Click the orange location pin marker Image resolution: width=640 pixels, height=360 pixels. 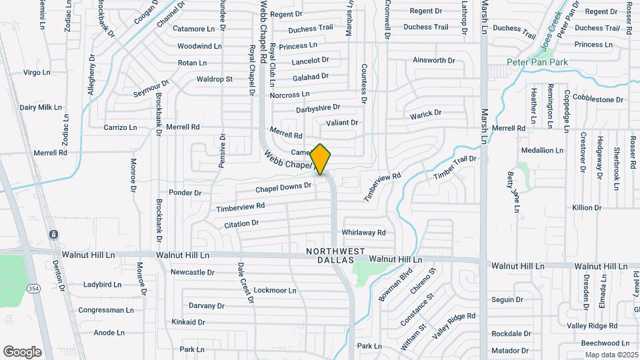pos(321,159)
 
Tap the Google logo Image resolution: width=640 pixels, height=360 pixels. pos(22,352)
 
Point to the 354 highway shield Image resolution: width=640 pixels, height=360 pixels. pos(33,287)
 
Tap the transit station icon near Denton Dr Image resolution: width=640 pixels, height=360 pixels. pos(52,235)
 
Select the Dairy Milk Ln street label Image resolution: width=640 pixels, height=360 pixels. pos(40,107)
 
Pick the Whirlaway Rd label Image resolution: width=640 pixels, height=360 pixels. pos(363,233)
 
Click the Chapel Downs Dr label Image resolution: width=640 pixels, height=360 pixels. pos(284,189)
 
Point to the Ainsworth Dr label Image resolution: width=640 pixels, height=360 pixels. pos(433,60)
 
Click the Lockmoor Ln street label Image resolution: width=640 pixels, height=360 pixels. pos(275,290)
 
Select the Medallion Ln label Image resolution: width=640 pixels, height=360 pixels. pos(542,150)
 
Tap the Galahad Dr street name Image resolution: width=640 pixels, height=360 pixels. pos(311,77)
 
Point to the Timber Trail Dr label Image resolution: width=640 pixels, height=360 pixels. pos(455,167)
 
